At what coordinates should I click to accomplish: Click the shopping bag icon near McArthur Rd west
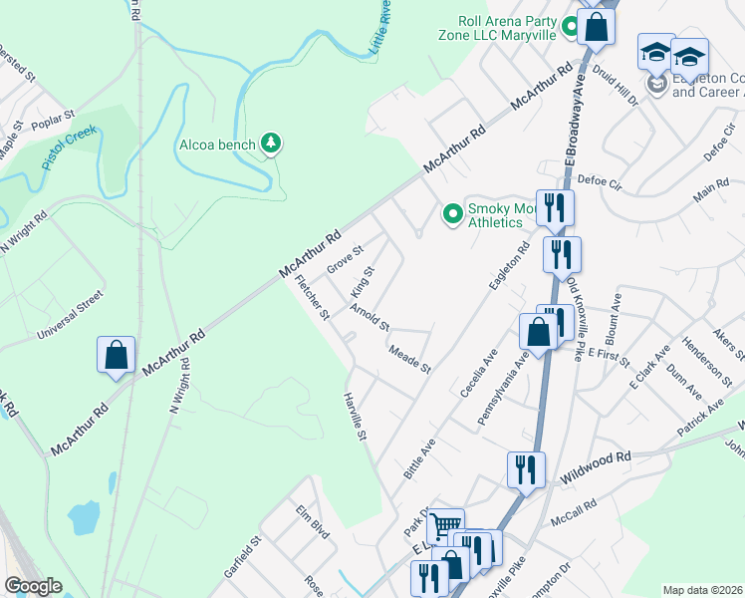[116, 356]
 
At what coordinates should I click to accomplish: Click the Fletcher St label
[313, 298]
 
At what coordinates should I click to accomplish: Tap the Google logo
[33, 586]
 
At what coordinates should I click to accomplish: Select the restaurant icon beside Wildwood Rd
[525, 468]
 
